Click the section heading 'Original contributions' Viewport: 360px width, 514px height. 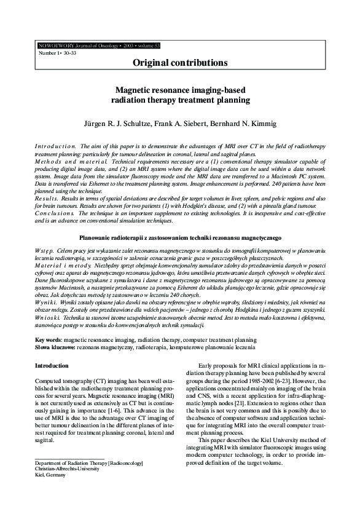(x=179, y=63)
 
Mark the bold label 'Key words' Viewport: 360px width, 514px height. (x=47, y=339)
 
